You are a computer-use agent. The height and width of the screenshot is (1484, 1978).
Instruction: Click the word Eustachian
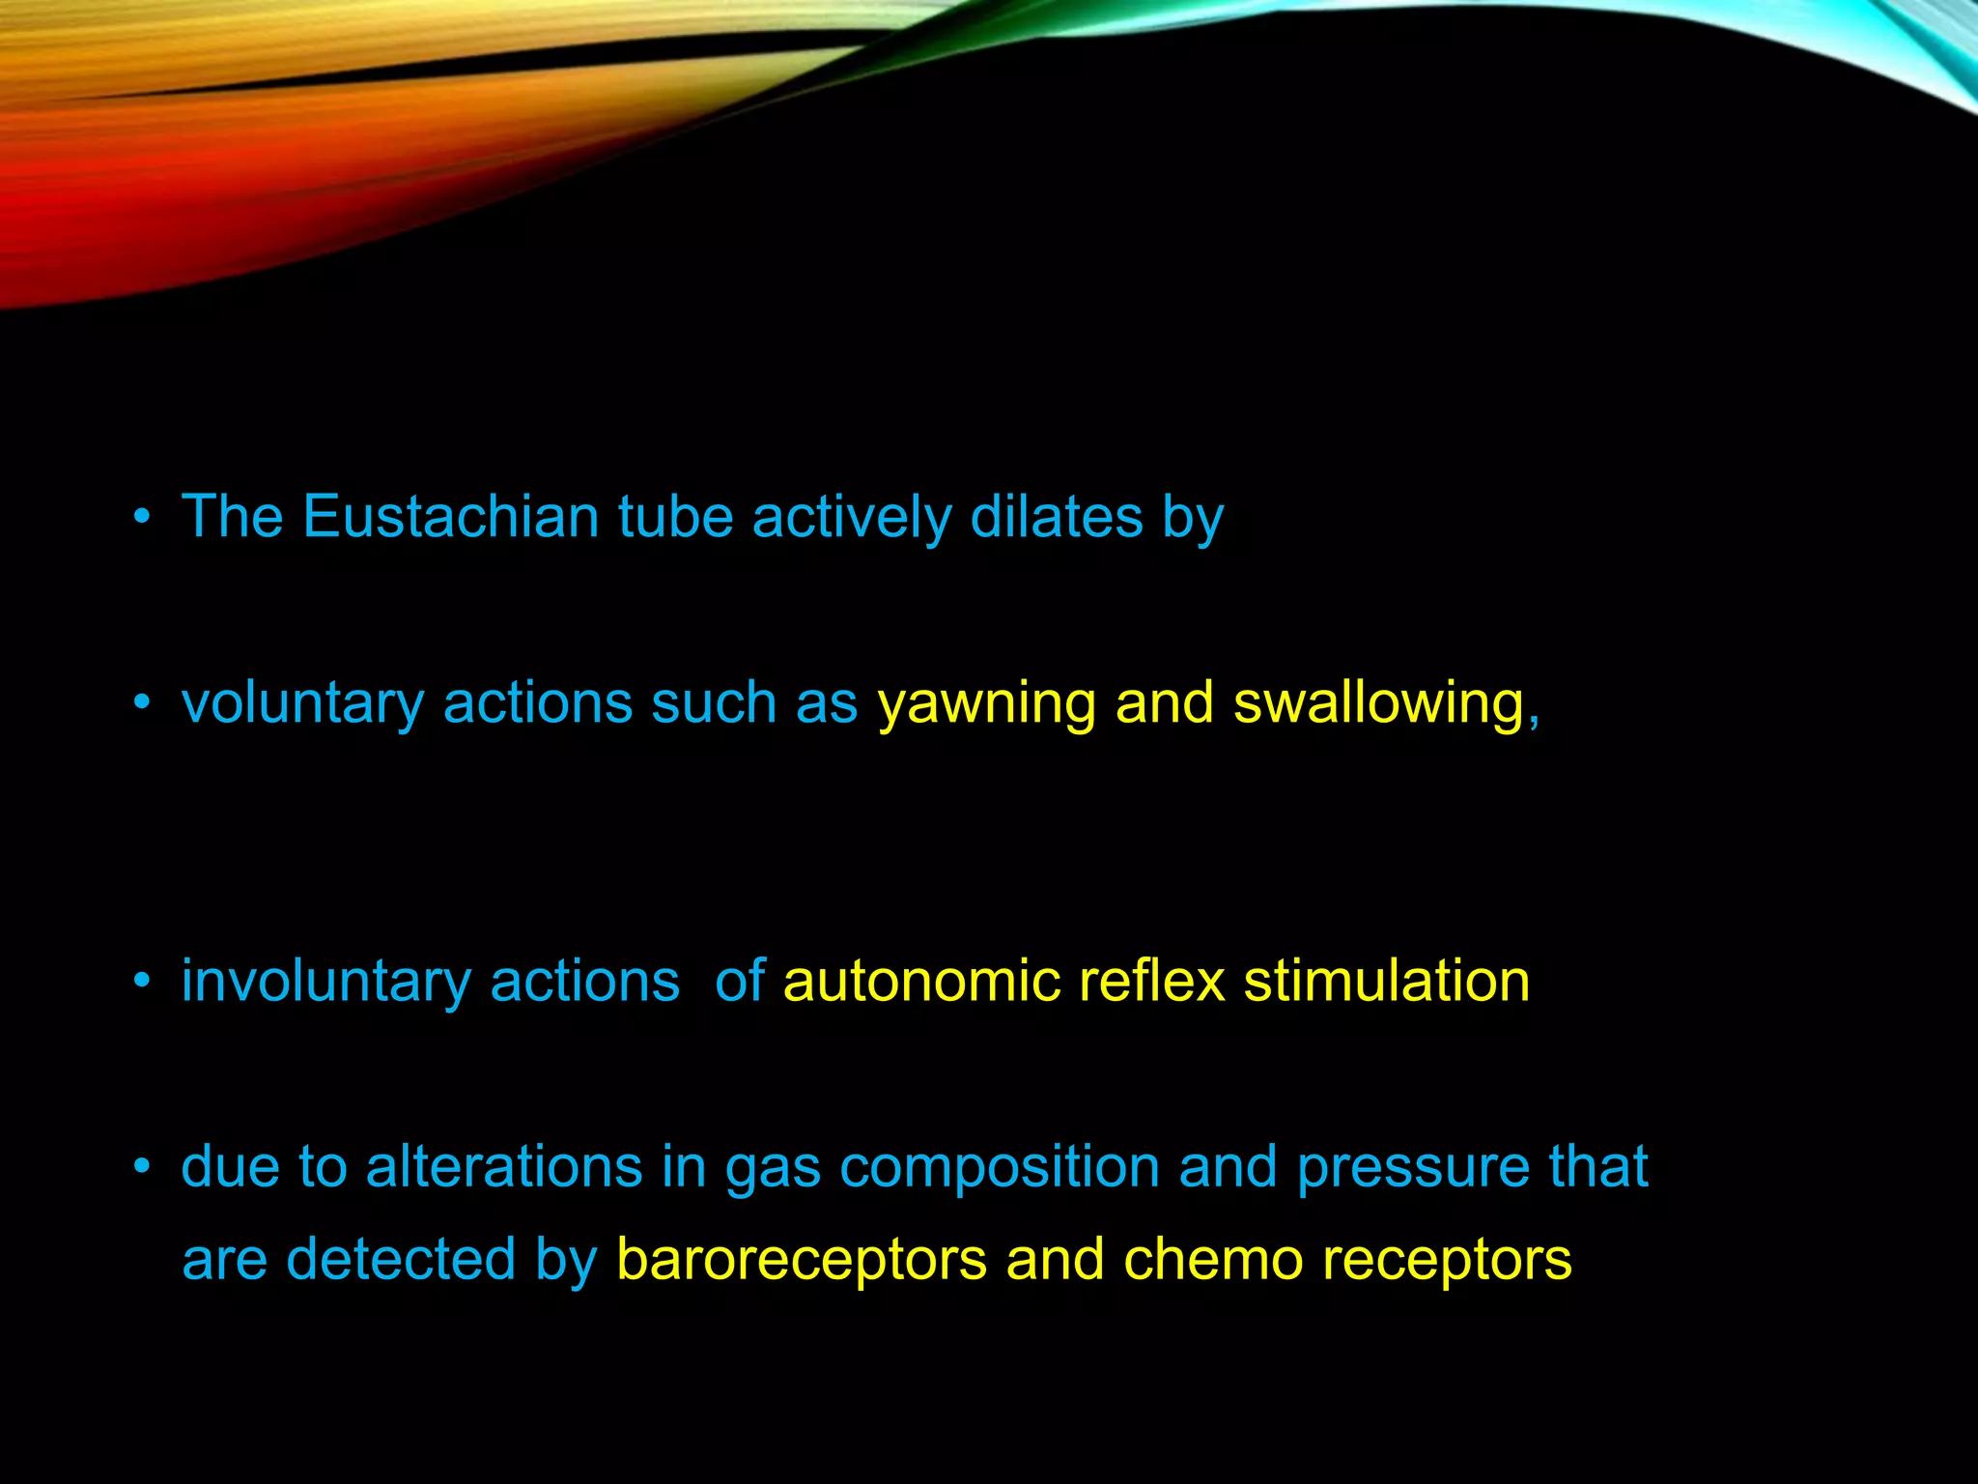450,517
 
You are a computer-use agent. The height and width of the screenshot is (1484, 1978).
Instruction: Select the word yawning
986,703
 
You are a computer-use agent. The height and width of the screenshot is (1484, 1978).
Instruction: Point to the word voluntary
302,703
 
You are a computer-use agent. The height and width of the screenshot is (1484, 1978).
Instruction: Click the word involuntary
325,983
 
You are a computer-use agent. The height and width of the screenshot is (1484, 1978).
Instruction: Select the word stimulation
1386,983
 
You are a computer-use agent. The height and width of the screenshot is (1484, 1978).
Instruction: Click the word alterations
504,1167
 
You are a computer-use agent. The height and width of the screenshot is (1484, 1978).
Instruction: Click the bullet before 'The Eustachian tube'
143,517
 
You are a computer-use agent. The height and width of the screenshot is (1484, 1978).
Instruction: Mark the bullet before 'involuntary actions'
143,983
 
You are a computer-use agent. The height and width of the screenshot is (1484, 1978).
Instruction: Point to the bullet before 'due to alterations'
143,1167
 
